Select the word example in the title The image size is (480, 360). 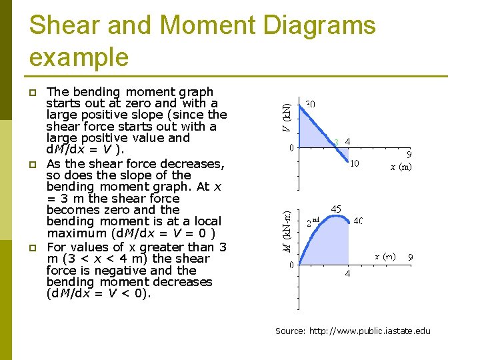point(79,57)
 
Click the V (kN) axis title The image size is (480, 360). point(285,117)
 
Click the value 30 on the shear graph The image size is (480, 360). point(311,104)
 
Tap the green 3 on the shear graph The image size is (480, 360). point(337,141)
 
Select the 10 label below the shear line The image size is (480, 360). point(355,163)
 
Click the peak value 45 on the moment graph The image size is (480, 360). point(336,209)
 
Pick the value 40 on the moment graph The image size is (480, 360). point(358,221)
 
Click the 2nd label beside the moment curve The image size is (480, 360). point(313,223)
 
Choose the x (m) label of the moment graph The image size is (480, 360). point(385,257)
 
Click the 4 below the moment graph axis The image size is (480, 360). point(347,273)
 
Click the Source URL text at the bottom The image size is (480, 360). point(353,331)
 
